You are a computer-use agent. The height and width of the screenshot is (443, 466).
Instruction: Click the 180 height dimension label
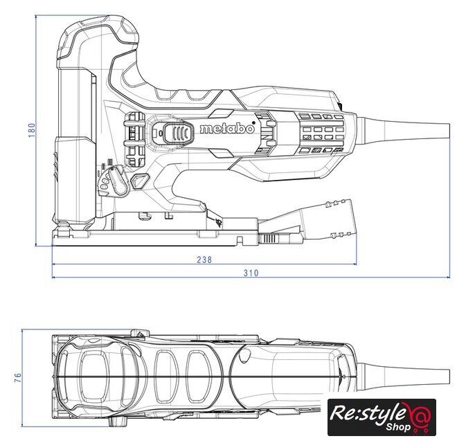pyautogui.click(x=31, y=130)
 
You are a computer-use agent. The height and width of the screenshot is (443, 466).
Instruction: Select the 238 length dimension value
pyautogui.click(x=204, y=260)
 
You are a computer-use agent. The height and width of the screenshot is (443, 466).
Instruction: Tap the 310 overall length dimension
pyautogui.click(x=251, y=273)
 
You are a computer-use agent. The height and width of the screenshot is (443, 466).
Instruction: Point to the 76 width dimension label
pyautogui.click(x=19, y=378)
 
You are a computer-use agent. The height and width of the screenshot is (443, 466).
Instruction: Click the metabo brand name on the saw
pyautogui.click(x=227, y=129)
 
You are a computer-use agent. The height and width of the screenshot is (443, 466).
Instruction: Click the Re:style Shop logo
pyautogui.click(x=382, y=417)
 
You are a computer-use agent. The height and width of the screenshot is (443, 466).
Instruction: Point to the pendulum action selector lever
pyautogui.click(x=118, y=181)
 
